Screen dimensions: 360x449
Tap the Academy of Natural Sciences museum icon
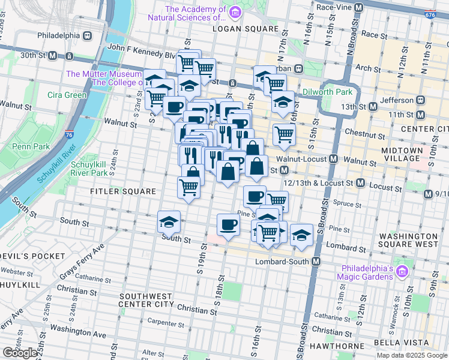point(234,13)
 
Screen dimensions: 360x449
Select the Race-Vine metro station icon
point(359,7)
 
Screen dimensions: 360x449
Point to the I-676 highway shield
point(430,14)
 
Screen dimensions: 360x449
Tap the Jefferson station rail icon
point(420,100)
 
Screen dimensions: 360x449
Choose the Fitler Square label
point(122,191)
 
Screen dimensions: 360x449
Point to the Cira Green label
point(67,95)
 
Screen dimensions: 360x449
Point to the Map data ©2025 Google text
point(411,355)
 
